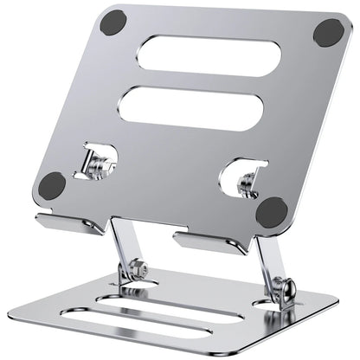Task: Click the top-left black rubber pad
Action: pyautogui.click(x=113, y=23)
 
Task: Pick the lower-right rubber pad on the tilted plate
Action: pyautogui.click(x=272, y=210)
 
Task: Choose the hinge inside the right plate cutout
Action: pyautogui.click(x=246, y=181)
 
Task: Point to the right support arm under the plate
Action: pyautogui.click(x=267, y=255)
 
